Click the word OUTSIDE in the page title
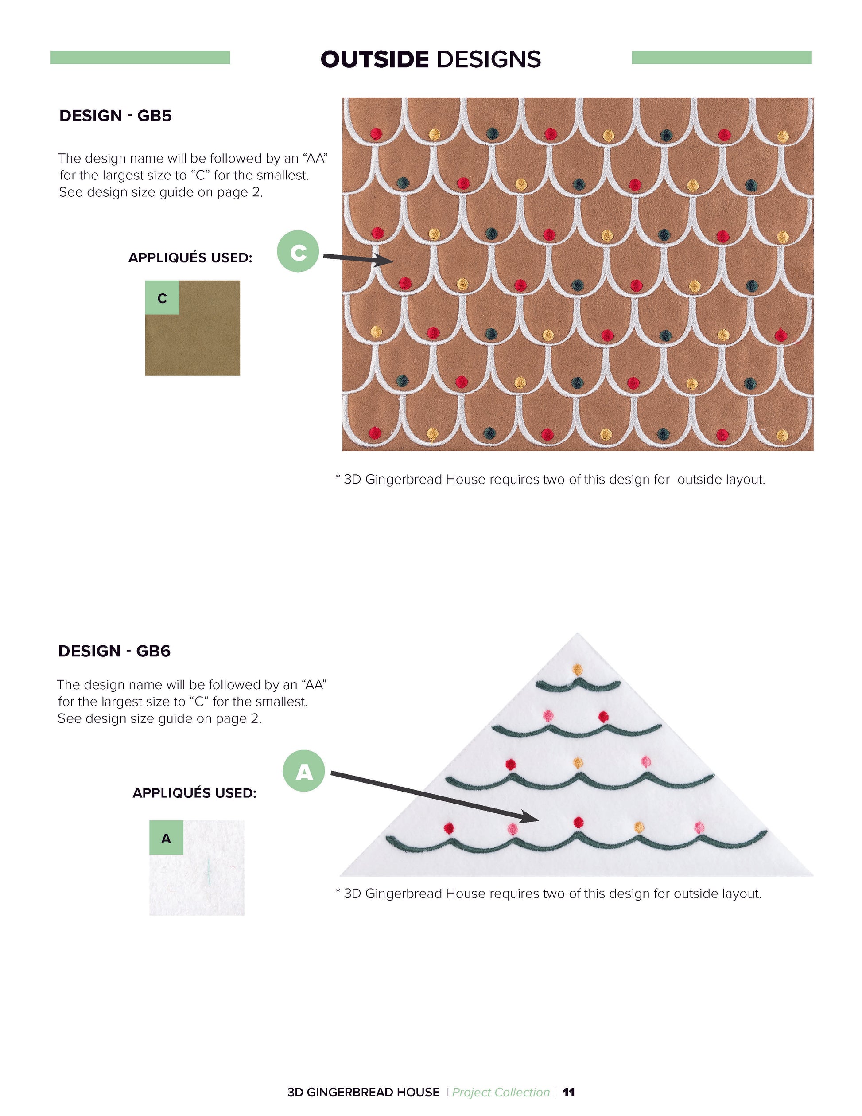374,59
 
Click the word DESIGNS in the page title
488,59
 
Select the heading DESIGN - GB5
116,116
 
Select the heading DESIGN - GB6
114,651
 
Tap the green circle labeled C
298,251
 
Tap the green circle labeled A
304,771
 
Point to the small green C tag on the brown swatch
162,297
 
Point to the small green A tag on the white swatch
166,838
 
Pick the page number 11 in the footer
568,1093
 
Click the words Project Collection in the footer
501,1093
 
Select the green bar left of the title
140,58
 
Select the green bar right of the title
721,58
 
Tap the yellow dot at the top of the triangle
578,669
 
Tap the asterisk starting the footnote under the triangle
338,891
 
